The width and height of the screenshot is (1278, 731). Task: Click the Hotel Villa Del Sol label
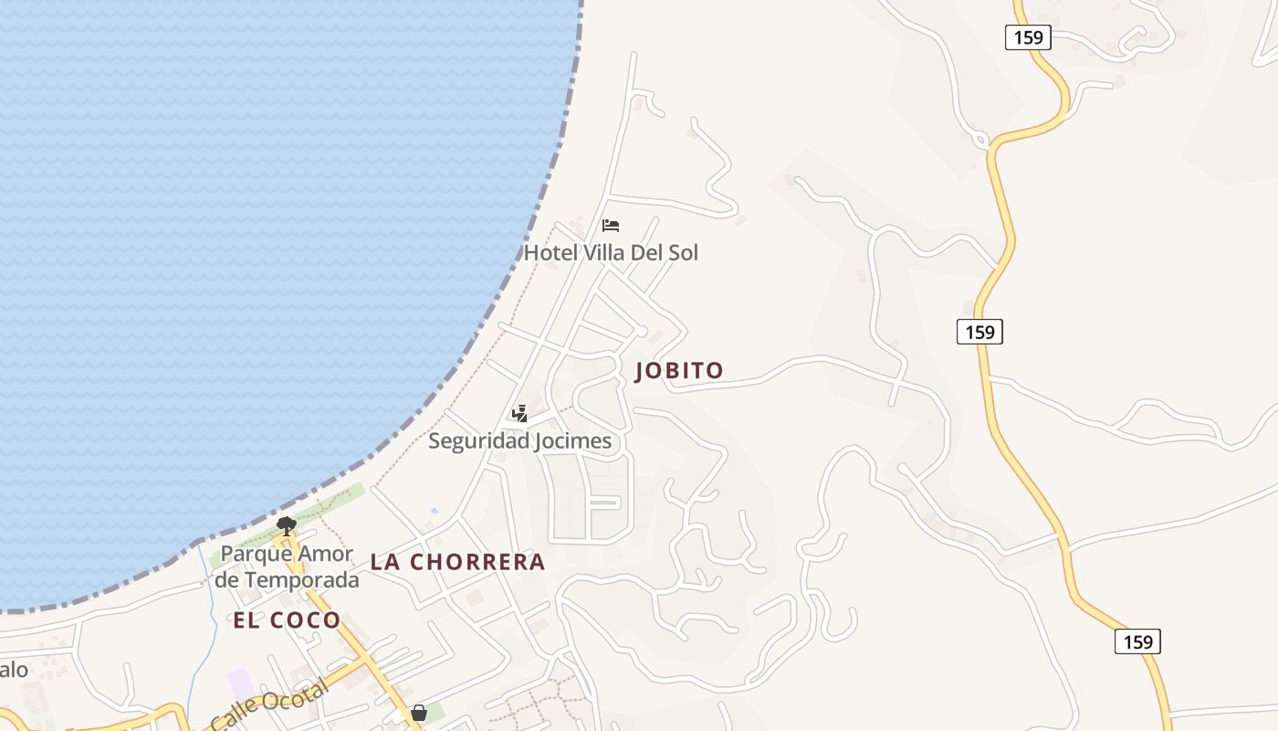(x=611, y=252)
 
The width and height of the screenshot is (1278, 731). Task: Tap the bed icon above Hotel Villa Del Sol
(x=611, y=225)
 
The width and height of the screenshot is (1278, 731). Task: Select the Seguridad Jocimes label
(x=519, y=441)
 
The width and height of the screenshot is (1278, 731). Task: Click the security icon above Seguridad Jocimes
(x=519, y=414)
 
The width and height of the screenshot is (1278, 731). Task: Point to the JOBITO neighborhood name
(x=679, y=370)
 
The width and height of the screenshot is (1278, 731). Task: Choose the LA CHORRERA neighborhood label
(x=457, y=562)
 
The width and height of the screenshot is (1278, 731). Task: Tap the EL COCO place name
(x=287, y=620)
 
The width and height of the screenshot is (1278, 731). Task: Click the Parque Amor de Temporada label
(x=288, y=567)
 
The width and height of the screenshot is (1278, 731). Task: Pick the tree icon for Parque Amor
(x=287, y=525)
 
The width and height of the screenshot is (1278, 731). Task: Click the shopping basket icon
(x=419, y=713)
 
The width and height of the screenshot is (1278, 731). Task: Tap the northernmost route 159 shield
(x=1029, y=37)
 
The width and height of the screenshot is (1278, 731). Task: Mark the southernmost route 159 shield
(x=1137, y=641)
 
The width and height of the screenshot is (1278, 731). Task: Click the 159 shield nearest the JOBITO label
(x=979, y=332)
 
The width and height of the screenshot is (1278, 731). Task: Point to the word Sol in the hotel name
(x=683, y=252)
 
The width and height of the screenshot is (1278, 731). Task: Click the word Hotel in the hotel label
(x=550, y=252)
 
